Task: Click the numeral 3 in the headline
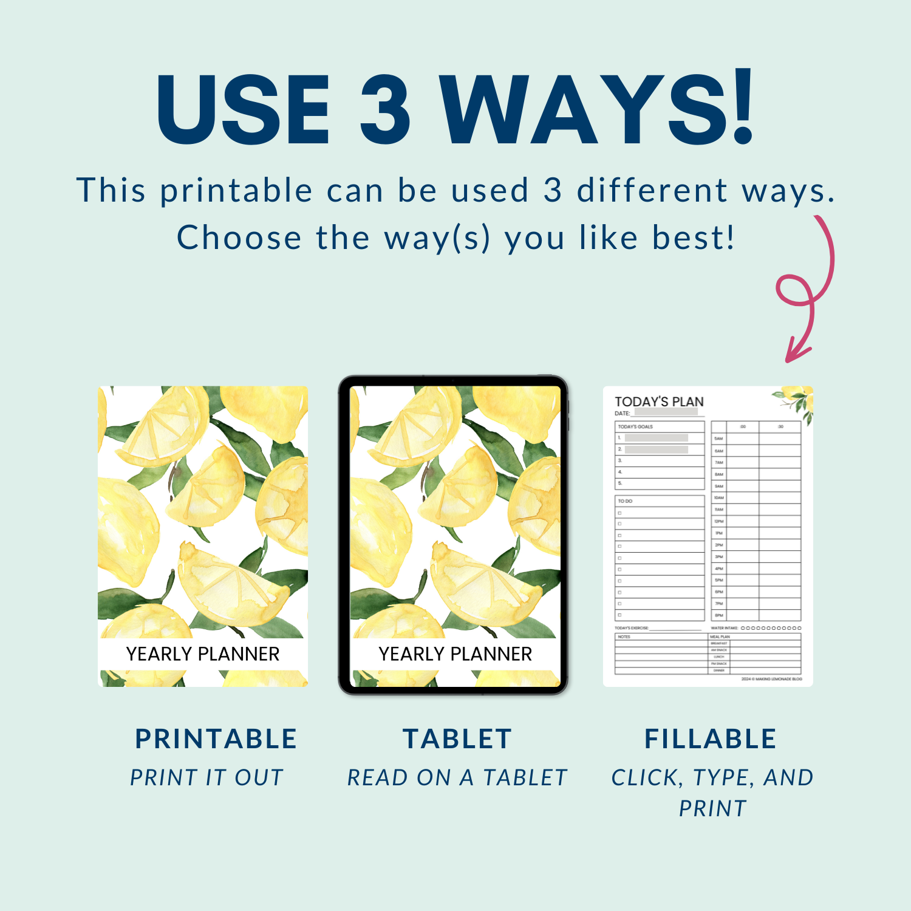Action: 386,109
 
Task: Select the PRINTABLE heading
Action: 216,739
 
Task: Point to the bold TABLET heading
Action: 457,739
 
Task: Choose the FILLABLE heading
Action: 711,739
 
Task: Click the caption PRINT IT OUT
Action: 207,777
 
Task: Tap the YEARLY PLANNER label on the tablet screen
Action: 455,654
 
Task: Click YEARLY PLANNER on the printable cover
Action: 203,654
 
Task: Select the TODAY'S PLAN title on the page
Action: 659,401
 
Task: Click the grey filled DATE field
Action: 666,412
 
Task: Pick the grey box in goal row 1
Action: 656,438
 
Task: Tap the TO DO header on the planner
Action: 625,501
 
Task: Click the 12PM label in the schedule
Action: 719,522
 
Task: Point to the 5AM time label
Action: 719,438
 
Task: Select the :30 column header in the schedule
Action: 780,427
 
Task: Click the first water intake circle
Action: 743,628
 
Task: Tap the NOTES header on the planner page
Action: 624,637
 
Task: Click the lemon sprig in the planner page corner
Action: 796,400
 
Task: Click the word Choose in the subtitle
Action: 239,237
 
